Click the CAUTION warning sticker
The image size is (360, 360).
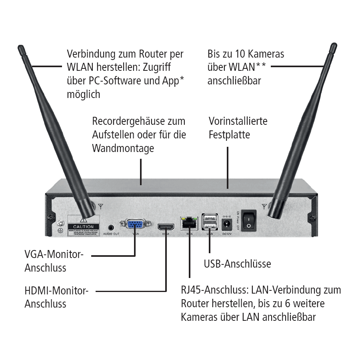(83, 226)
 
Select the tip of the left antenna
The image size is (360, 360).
(20, 48)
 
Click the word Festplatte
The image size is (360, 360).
(229, 134)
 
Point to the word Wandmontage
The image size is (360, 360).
(123, 148)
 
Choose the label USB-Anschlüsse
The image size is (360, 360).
(237, 264)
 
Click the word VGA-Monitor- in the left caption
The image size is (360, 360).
(54, 254)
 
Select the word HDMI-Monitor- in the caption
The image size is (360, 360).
(56, 291)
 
